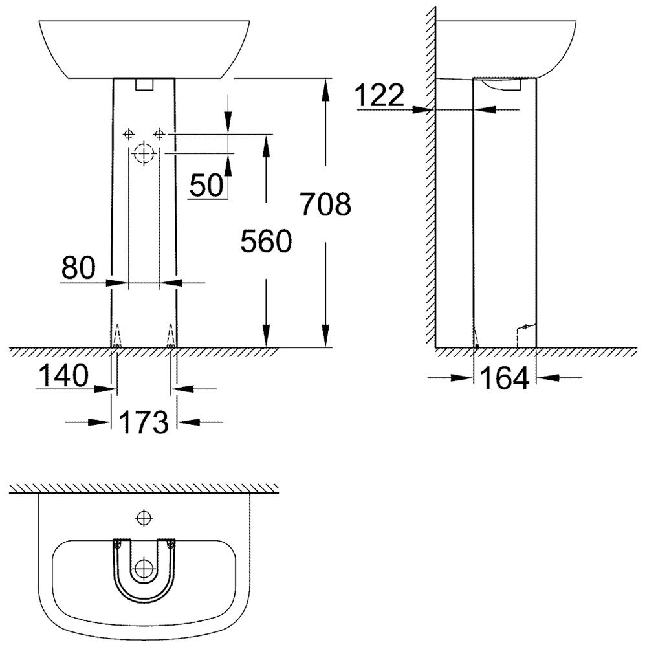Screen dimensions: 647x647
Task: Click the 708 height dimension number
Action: point(325,204)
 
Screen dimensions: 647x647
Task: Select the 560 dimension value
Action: point(266,241)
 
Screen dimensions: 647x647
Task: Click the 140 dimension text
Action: point(63,375)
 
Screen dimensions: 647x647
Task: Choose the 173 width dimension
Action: point(144,422)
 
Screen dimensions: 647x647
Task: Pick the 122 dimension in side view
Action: point(380,95)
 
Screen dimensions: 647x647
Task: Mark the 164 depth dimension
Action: point(505,378)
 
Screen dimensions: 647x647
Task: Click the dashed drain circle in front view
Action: point(144,153)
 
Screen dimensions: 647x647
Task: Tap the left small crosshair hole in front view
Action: point(129,134)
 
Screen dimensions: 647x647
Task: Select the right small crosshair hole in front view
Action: point(159,134)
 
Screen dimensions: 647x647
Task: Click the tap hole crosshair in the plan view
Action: point(144,518)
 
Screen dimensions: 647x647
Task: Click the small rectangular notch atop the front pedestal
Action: point(144,84)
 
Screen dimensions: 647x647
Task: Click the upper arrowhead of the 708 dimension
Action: point(325,89)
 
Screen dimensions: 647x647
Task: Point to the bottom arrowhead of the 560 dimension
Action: point(266,335)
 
